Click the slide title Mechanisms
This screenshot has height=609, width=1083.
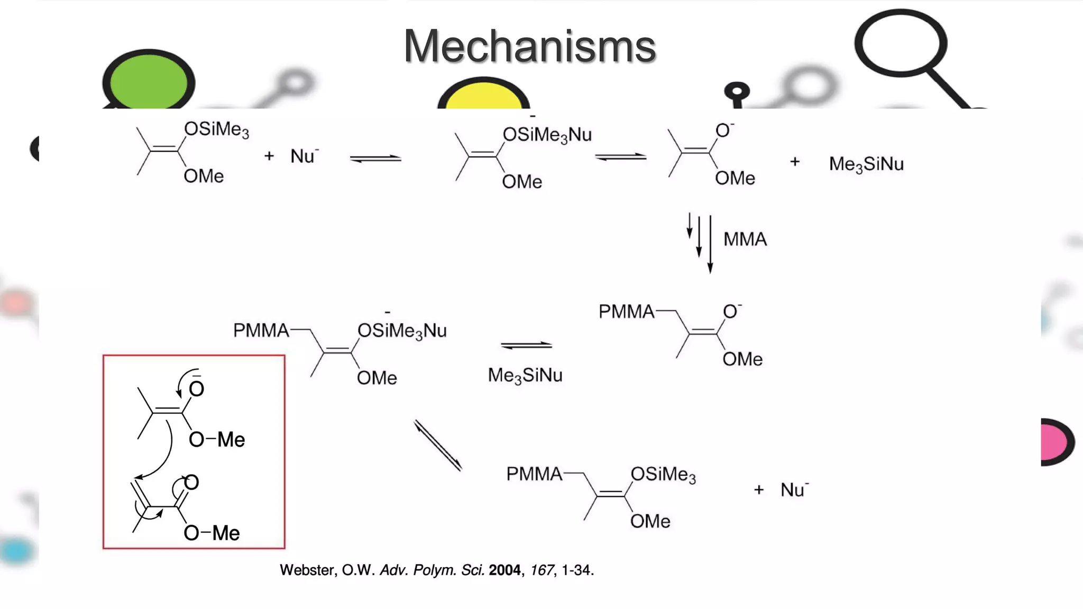click(529, 46)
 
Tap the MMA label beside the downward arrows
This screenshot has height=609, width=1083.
click(745, 239)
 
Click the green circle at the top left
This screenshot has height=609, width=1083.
click(149, 82)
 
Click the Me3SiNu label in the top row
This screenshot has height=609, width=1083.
click(866, 164)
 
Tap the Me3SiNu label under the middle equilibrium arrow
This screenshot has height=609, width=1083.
click(525, 375)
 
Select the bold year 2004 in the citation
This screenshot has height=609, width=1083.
click(504, 570)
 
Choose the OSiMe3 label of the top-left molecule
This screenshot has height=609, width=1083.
click(216, 129)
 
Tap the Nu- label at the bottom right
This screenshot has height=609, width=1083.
click(794, 490)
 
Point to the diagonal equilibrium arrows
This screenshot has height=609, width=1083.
click(438, 445)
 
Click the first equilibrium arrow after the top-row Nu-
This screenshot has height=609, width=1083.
click(375, 158)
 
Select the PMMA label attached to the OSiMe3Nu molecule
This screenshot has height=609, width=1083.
click(261, 330)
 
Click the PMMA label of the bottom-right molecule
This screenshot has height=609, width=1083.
click(534, 474)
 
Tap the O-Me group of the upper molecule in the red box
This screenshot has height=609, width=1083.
click(217, 439)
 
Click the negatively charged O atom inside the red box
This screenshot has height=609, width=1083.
click(196, 389)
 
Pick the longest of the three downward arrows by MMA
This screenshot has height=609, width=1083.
click(710, 243)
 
